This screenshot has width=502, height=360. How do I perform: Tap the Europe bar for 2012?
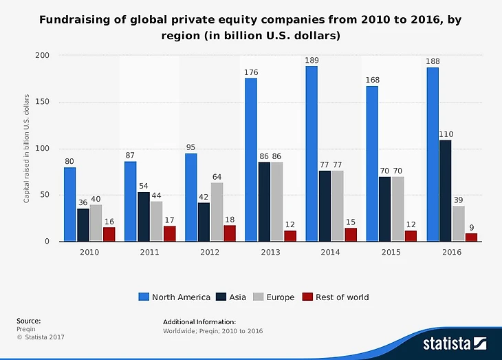(217, 212)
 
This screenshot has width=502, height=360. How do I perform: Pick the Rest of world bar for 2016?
(471, 237)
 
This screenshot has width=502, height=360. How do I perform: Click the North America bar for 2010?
(70, 204)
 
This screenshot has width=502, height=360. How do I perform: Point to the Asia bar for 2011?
(143, 217)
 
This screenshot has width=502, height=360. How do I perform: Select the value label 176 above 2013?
(251, 72)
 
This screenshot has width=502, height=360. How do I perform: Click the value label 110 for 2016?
(446, 134)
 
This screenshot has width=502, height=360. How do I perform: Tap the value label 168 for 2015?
(372, 80)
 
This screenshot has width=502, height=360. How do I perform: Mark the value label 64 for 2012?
(217, 176)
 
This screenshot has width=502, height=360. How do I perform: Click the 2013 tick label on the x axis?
(270, 253)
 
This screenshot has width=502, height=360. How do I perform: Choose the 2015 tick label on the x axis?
(391, 253)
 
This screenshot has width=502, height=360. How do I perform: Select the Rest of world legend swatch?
(309, 297)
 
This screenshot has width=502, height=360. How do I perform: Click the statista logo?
(455, 342)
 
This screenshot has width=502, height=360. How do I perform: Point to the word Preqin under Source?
(25, 329)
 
